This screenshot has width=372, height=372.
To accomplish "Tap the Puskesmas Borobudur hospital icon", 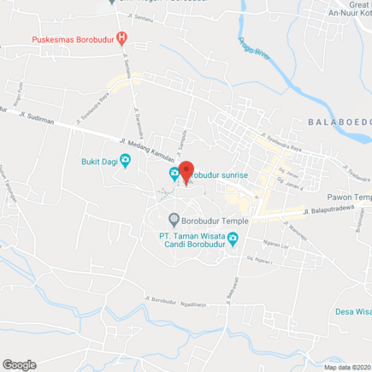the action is (x=122, y=38).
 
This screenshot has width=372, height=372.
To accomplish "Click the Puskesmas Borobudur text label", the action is (x=73, y=39).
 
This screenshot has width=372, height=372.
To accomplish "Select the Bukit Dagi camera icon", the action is (x=126, y=159).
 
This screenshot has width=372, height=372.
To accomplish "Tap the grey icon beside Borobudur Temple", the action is (x=174, y=219).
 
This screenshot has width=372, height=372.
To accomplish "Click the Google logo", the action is (x=19, y=364).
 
